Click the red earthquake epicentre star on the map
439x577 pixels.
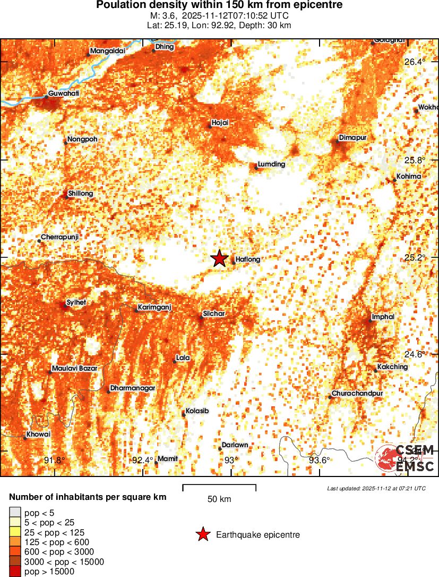[219, 258]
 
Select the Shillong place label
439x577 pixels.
[81, 194]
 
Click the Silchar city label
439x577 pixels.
[214, 314]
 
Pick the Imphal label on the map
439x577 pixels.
[383, 317]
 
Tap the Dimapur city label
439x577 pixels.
[353, 138]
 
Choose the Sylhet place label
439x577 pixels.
[76, 303]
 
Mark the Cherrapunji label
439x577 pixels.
[59, 237]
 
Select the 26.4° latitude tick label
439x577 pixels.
[415, 62]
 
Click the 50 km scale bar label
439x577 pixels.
[219, 499]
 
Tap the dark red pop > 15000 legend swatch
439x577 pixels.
[14, 572]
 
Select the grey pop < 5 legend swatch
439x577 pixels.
[14, 512]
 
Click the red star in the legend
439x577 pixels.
[203, 534]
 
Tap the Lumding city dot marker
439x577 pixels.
[256, 168]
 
